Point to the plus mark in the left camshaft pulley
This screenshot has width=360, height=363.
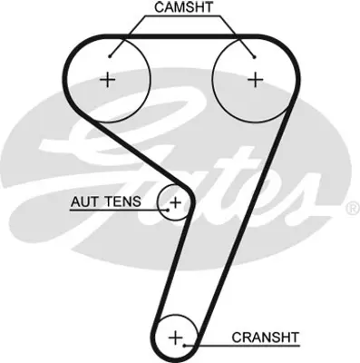point(109,80)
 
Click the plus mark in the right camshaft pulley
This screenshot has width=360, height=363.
point(255,80)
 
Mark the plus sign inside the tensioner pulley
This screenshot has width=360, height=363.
point(175,201)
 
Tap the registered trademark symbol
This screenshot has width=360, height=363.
point(352,209)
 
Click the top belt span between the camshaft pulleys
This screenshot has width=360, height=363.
point(181,37)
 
